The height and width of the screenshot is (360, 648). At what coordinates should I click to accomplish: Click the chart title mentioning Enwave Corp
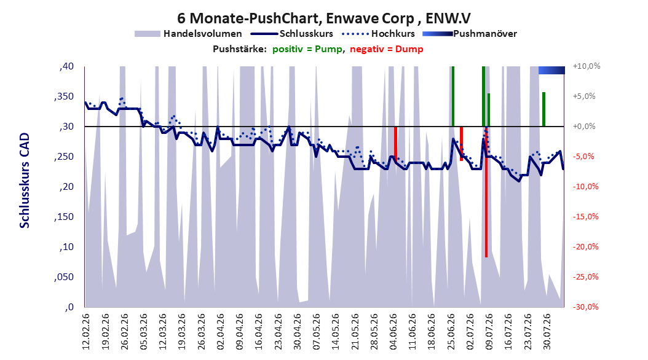pos(323,18)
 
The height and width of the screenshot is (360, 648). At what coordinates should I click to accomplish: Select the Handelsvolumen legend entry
pos(188,34)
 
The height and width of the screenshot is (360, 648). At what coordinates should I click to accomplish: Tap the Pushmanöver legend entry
pos(470,34)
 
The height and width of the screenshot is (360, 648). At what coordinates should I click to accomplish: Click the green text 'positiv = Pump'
pos(307,49)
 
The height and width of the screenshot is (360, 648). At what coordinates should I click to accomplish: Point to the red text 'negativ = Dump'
pos(387,49)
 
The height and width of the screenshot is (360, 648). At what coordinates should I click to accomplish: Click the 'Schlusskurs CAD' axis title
pos(25,181)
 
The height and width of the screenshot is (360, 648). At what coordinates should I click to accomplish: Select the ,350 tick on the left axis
pos(64,96)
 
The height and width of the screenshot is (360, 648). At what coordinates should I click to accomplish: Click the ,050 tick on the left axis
pos(64,277)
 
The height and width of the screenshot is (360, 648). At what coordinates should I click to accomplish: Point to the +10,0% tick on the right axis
pos(587,66)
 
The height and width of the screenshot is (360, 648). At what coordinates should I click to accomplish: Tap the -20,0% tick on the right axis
pos(585,247)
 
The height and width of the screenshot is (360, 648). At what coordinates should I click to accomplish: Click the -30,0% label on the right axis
pos(585,307)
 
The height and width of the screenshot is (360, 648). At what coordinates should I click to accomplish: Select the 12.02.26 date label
pos(86,332)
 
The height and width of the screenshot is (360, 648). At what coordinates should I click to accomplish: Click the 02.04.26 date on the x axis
pos(220,332)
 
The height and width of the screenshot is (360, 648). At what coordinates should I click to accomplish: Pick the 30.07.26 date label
pos(547,332)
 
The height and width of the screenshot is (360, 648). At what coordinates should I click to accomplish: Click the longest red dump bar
pos(486,192)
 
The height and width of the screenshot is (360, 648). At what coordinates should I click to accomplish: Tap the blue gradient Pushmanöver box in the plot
pos(551,70)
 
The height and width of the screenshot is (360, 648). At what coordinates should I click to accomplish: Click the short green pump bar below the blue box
pos(544,109)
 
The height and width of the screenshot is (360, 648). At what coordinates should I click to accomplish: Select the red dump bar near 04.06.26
pos(395,143)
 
